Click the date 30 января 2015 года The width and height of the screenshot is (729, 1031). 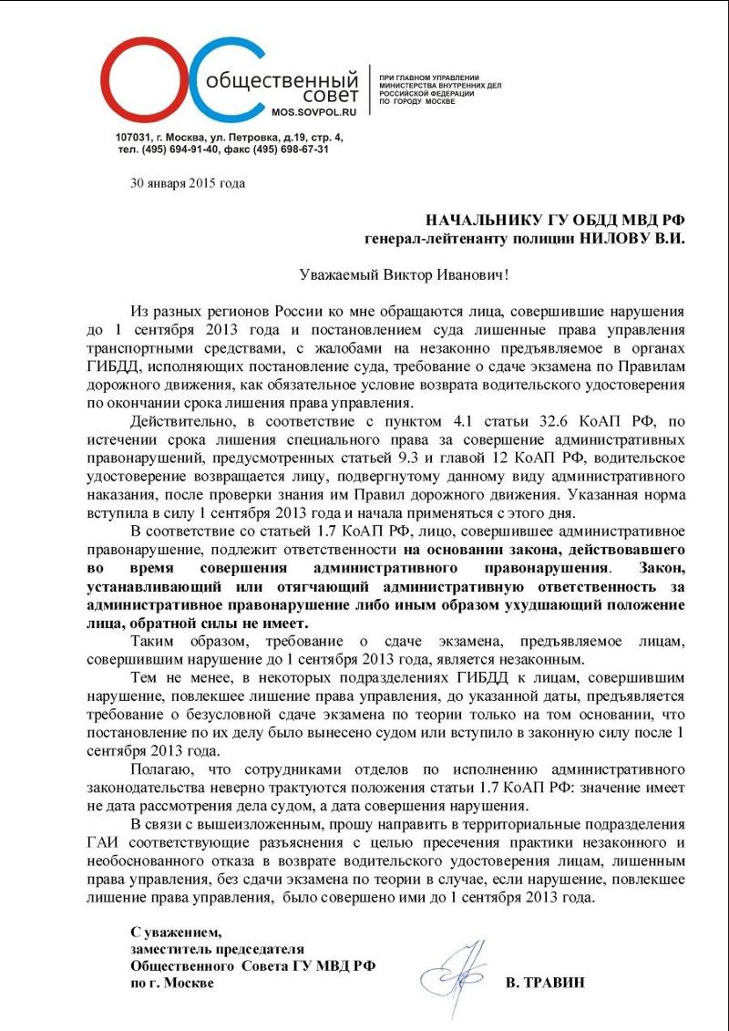(x=188, y=183)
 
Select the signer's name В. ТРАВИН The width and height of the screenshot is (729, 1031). (x=545, y=982)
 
